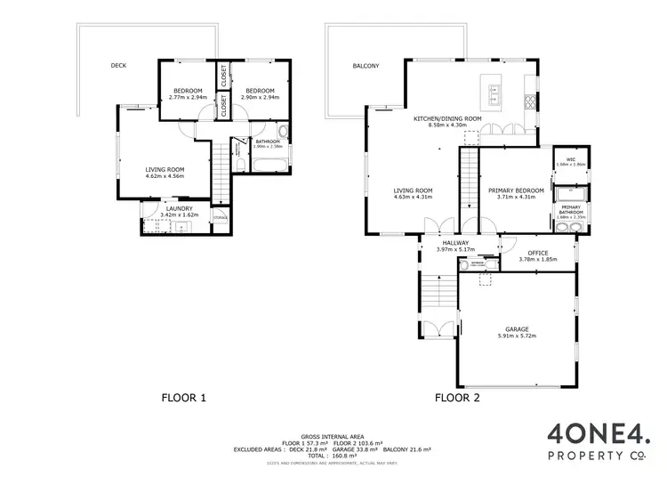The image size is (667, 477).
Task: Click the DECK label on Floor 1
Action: click(118, 65)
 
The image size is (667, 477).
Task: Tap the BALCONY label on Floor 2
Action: click(366, 66)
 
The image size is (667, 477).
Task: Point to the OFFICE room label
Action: click(537, 253)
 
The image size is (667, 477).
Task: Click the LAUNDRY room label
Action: click(174, 209)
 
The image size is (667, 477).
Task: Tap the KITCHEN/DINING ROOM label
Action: click(447, 118)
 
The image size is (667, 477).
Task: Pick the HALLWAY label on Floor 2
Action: click(456, 243)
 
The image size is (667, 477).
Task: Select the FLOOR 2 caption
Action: click(457, 398)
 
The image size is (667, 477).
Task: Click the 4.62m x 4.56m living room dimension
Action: click(165, 176)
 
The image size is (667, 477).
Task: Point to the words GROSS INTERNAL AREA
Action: click(332, 437)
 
